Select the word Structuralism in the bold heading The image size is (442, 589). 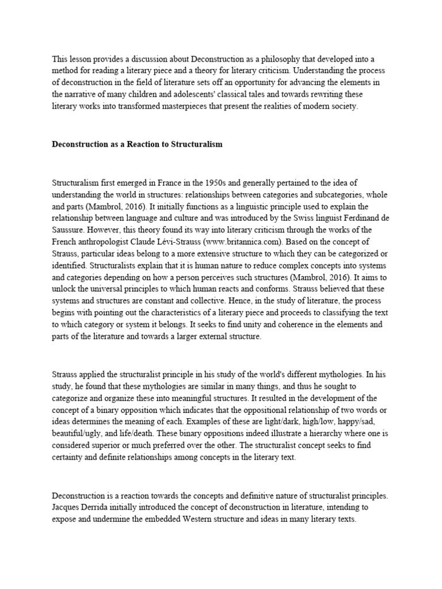pos(197,144)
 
